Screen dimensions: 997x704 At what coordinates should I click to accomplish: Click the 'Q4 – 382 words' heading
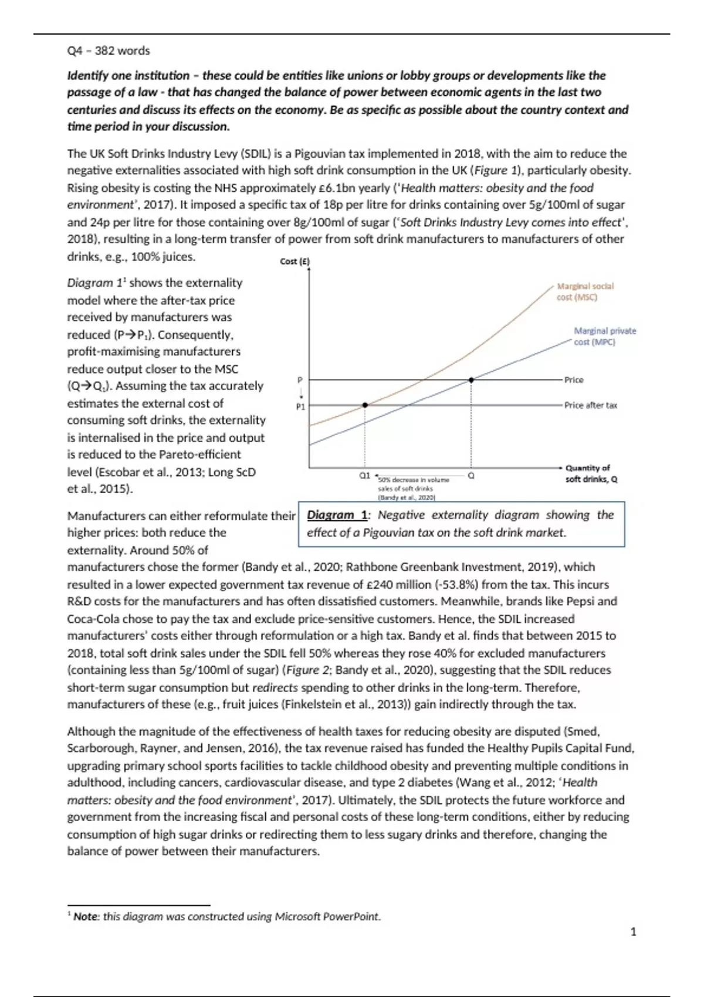pyautogui.click(x=109, y=51)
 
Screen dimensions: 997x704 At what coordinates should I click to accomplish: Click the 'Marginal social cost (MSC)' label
pyautogui.click(x=585, y=291)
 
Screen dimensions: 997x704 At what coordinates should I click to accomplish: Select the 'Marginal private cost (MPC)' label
pyautogui.click(x=604, y=336)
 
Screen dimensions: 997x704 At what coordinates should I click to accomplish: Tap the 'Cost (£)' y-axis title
pyautogui.click(x=295, y=262)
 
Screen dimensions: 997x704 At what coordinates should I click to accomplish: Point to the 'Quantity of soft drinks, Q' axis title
pyautogui.click(x=591, y=473)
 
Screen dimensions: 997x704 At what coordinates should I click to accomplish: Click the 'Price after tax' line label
pyautogui.click(x=590, y=405)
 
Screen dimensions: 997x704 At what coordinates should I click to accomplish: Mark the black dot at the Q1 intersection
pyautogui.click(x=365, y=405)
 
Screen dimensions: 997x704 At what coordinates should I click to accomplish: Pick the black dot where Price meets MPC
pyautogui.click(x=471, y=380)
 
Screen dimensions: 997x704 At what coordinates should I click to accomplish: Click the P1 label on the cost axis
pyautogui.click(x=300, y=406)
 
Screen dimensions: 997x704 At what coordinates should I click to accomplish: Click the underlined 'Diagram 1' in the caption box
pyautogui.click(x=337, y=515)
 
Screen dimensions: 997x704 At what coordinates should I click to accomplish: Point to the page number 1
pyautogui.click(x=633, y=931)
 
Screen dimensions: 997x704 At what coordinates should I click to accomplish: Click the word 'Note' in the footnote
pyautogui.click(x=85, y=917)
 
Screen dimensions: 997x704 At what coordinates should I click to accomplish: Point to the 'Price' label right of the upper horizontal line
pyautogui.click(x=574, y=380)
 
